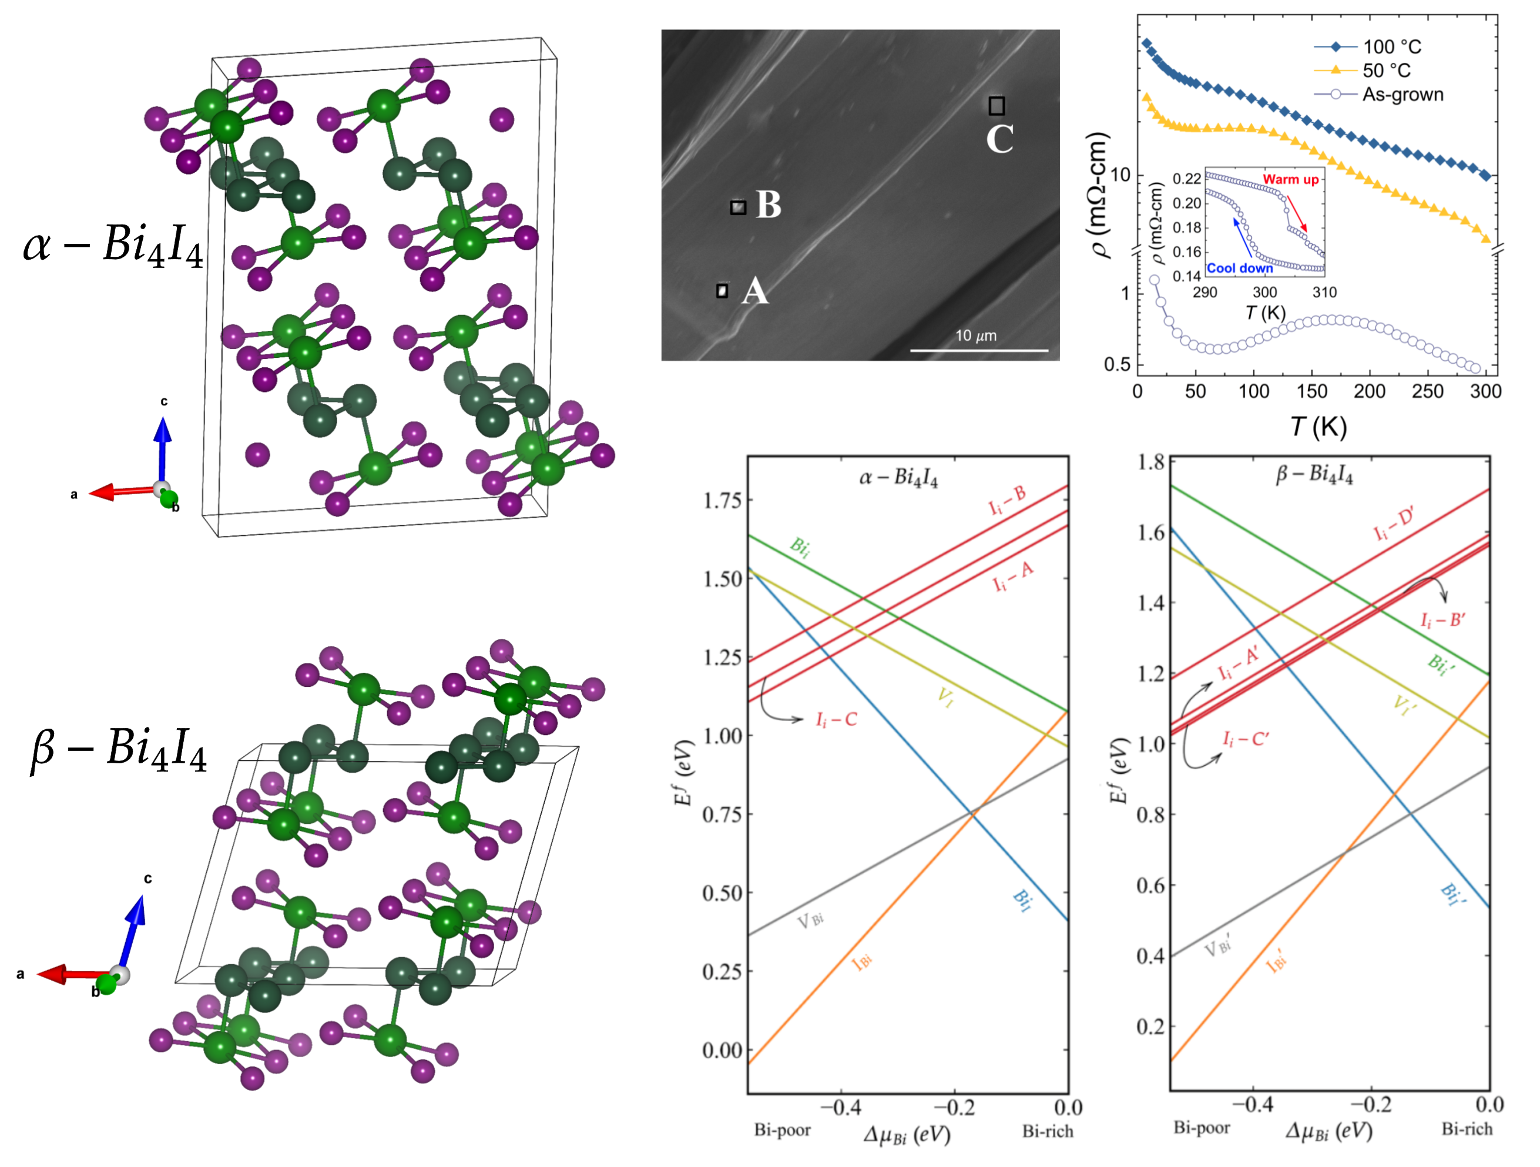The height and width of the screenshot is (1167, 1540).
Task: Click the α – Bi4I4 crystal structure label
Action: coord(113,247)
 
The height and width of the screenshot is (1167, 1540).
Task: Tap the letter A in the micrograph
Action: coord(754,291)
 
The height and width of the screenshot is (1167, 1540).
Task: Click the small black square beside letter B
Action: coord(738,207)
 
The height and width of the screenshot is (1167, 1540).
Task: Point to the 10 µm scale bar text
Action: coord(975,336)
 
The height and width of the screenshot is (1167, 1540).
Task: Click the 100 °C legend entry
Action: coord(1391,46)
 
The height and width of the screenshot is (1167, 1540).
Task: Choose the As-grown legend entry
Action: coord(1402,95)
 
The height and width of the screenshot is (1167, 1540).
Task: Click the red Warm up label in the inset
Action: coord(1291,180)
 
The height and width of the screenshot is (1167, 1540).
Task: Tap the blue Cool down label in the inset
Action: coord(1240,268)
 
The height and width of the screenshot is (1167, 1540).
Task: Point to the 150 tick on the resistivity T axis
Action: coord(1311,391)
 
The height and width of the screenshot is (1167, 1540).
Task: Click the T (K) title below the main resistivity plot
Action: coord(1318,426)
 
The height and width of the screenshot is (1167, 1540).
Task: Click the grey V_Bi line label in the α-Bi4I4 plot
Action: coord(810,921)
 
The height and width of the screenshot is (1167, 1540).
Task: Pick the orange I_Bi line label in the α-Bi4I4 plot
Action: coord(862,963)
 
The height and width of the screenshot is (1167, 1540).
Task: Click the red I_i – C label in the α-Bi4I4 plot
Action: coord(836,719)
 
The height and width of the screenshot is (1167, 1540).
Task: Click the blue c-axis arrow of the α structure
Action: coord(162,445)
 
